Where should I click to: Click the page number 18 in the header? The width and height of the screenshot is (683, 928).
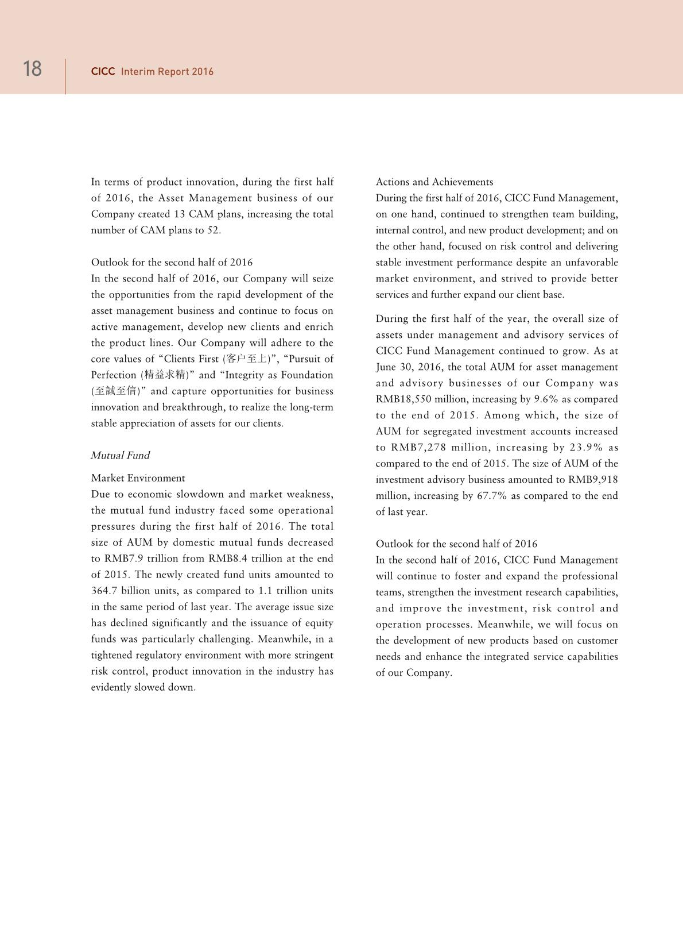pyautogui.click(x=32, y=69)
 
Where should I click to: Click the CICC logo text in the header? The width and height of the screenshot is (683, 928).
pyautogui.click(x=103, y=72)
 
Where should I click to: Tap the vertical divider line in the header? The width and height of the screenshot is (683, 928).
pyautogui.click(x=65, y=76)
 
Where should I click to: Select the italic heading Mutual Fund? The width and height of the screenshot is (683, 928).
pyautogui.click(x=120, y=456)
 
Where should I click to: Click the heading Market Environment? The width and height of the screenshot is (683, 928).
pyautogui.click(x=138, y=478)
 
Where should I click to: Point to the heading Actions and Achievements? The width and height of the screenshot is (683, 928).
pyautogui.click(x=434, y=182)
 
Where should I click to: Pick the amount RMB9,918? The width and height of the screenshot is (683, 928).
pyautogui.click(x=593, y=480)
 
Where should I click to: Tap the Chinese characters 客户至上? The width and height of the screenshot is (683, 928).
pyautogui.click(x=247, y=359)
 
